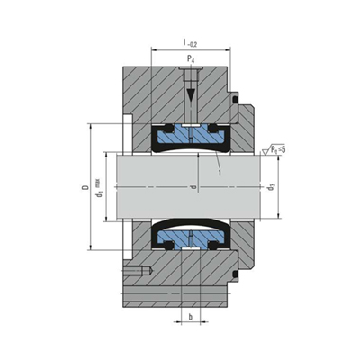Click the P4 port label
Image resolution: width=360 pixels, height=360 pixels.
(x=191, y=59)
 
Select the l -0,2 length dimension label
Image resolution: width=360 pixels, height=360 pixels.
(x=190, y=43)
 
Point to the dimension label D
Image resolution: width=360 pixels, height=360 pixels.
(x=85, y=188)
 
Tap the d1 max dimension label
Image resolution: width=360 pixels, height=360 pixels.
(x=99, y=188)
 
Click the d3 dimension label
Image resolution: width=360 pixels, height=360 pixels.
(x=271, y=188)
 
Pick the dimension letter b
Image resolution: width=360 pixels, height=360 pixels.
(x=190, y=317)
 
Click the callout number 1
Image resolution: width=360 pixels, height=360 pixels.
(x=220, y=173)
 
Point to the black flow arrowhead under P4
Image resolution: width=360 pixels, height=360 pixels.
(x=190, y=95)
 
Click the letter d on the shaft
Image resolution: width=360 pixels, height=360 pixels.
(x=194, y=188)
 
